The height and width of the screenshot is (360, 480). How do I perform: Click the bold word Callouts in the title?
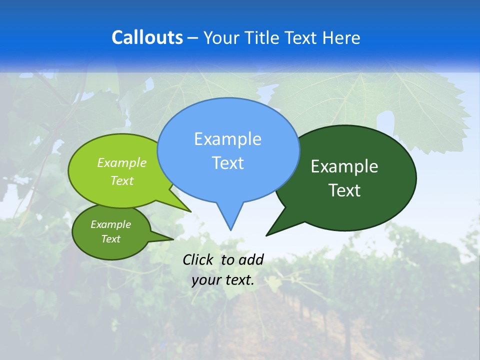(147, 37)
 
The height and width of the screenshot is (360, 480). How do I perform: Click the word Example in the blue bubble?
(227, 139)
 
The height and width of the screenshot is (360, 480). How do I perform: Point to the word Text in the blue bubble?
(227, 163)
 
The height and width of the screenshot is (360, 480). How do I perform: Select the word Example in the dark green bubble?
(344, 166)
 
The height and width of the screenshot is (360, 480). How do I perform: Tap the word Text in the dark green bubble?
(344, 190)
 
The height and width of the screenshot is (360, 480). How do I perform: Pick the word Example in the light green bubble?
(122, 162)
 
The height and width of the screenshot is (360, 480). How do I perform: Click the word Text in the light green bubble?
(122, 180)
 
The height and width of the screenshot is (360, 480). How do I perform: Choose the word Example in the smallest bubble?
(110, 224)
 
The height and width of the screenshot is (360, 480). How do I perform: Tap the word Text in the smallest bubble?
(110, 239)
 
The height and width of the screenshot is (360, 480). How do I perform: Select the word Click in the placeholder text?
(198, 259)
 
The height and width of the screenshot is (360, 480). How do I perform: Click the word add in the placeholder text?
(251, 259)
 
